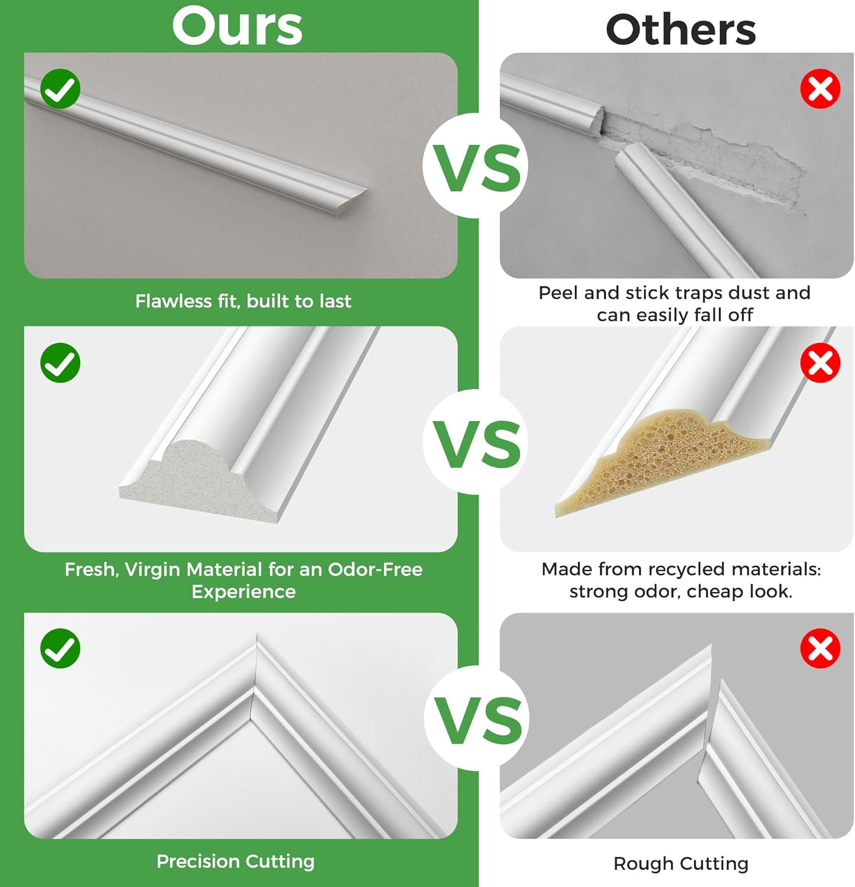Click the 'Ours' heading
(238, 26)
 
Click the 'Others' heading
(681, 30)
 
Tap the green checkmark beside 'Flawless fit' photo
(60, 89)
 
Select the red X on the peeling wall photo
(820, 89)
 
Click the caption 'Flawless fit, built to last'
(243, 301)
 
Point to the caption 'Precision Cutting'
(235, 861)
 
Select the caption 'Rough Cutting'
(681, 863)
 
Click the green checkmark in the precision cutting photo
(60, 648)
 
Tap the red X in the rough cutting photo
(820, 648)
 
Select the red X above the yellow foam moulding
(820, 362)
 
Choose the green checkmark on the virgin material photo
(60, 362)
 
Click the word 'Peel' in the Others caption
(558, 293)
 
